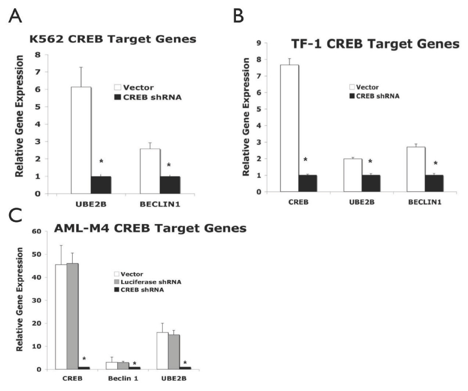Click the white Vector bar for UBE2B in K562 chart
tap(81, 140)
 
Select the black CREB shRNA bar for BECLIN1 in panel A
tap(170, 185)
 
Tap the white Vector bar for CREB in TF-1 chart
tap(289, 128)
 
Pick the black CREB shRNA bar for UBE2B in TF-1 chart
tap(371, 183)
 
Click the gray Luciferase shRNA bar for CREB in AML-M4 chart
tap(73, 316)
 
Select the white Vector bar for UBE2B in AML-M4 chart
tap(163, 351)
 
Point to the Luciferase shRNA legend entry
tap(148, 282)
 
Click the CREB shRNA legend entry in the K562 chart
tap(148, 97)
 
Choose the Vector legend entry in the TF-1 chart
tap(364, 87)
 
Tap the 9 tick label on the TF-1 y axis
tap(259, 43)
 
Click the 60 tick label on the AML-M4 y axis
tap(37, 231)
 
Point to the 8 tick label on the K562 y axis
tap(38, 55)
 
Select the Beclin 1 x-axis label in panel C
tap(123, 379)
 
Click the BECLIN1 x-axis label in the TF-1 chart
tap(425, 202)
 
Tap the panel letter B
tap(238, 16)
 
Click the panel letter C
tap(15, 215)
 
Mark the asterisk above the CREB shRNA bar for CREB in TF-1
tap(305, 160)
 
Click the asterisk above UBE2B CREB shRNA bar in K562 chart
tap(101, 161)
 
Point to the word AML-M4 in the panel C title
tap(82, 228)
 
